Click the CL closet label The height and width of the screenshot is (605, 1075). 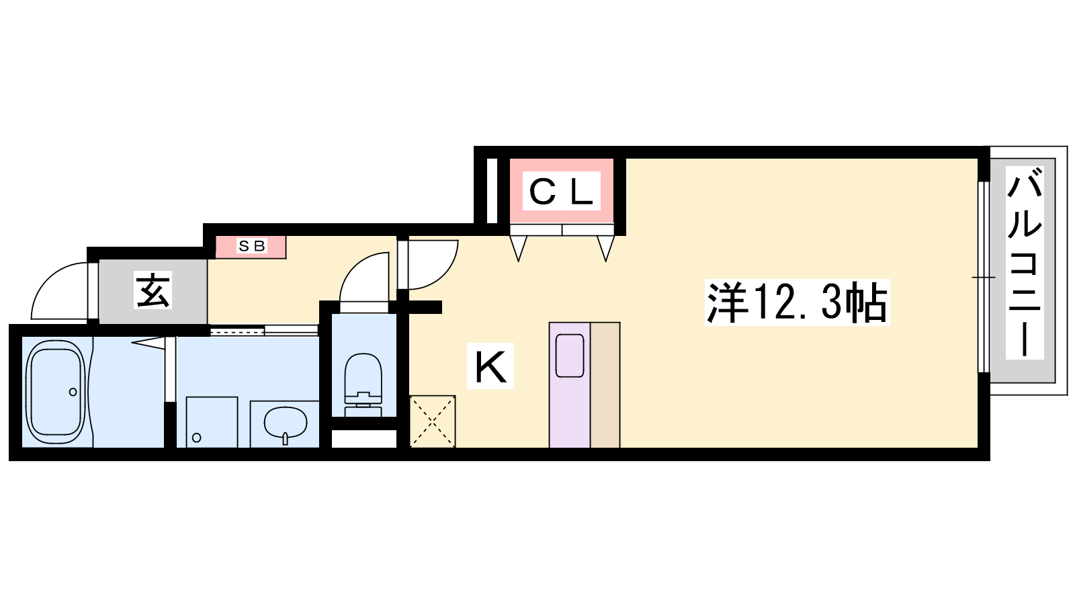pyautogui.click(x=561, y=191)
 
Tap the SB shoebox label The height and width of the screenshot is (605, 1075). pyautogui.click(x=252, y=246)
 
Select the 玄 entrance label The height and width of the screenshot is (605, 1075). pyautogui.click(x=153, y=290)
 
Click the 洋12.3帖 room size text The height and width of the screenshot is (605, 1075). pyautogui.click(x=797, y=302)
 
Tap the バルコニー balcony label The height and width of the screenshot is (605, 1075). pyautogui.click(x=1025, y=263)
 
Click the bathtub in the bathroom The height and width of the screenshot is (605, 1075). pyautogui.click(x=56, y=393)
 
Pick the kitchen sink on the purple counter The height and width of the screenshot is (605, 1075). pyautogui.click(x=570, y=356)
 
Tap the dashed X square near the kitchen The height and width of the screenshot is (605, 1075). pyautogui.click(x=433, y=421)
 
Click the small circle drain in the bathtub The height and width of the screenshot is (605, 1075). pyautogui.click(x=73, y=392)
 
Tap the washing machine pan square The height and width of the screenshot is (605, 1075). pyautogui.click(x=212, y=422)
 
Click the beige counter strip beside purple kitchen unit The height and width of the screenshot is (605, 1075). pyautogui.click(x=605, y=385)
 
